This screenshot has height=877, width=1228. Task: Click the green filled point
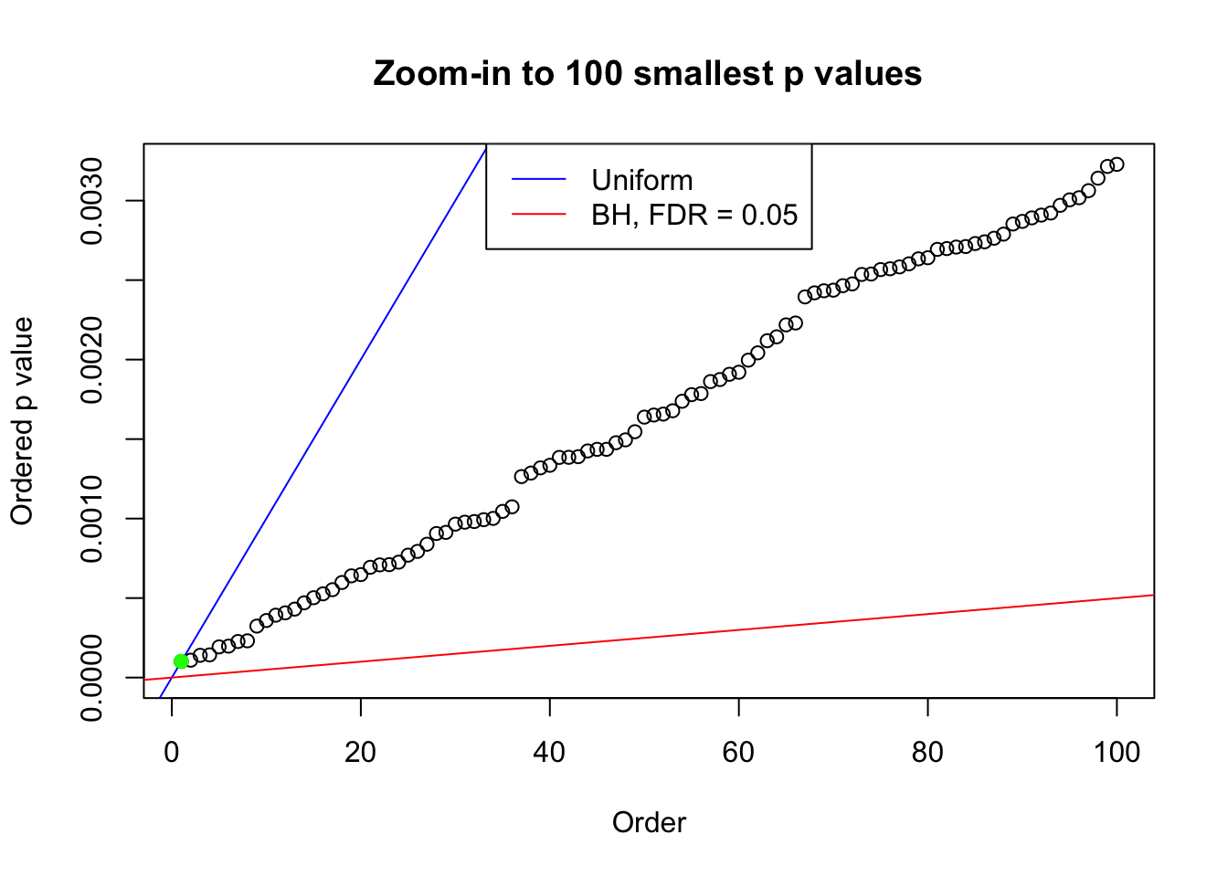click(x=181, y=660)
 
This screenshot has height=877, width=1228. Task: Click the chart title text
click(x=648, y=73)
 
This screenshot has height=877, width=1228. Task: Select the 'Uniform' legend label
click(x=641, y=180)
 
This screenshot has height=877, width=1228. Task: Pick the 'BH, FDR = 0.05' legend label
click(x=694, y=215)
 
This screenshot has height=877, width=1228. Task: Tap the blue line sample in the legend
click(x=538, y=180)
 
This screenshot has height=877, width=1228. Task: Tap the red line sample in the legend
click(x=538, y=215)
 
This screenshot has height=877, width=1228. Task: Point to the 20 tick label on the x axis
click(x=361, y=752)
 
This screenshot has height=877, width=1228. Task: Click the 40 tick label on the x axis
click(x=550, y=752)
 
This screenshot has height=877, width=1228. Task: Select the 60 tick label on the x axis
click(x=738, y=752)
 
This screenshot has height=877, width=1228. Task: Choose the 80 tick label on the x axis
click(x=927, y=752)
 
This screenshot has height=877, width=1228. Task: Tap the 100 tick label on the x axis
click(x=1117, y=752)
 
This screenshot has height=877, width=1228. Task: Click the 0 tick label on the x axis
click(x=172, y=752)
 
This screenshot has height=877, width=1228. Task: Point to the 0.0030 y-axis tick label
click(x=92, y=201)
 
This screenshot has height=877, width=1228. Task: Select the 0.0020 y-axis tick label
click(x=92, y=360)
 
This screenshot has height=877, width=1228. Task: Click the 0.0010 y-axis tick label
click(x=92, y=519)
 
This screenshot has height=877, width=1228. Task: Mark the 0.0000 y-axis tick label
click(x=92, y=678)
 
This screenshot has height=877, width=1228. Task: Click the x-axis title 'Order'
click(x=649, y=822)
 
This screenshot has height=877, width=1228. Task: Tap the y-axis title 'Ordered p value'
click(x=22, y=421)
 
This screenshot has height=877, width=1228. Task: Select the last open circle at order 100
click(x=1117, y=164)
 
